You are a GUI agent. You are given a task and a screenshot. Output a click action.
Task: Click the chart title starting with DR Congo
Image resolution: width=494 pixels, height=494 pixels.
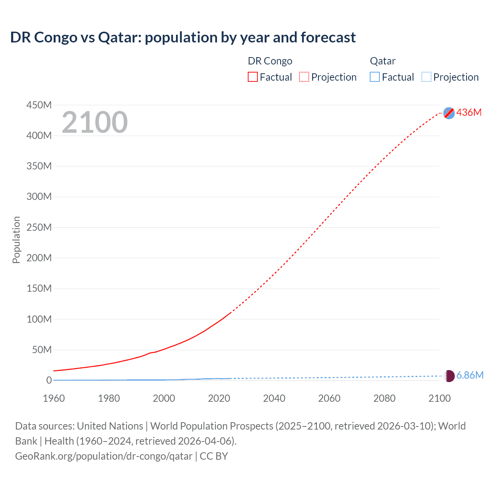(183, 37)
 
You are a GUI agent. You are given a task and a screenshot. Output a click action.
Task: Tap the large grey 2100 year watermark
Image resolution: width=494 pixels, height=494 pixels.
(95, 122)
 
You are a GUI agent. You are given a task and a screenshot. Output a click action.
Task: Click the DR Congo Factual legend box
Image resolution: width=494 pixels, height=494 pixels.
(253, 77)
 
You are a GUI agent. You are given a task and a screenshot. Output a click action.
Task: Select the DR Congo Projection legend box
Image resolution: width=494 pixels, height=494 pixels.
(304, 77)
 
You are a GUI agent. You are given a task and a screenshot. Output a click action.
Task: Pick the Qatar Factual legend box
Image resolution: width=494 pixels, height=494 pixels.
(375, 77)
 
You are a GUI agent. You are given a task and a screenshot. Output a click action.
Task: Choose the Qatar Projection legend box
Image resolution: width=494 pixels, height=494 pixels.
(426, 77)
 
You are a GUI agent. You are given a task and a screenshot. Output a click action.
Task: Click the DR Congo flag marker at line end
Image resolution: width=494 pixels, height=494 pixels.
(449, 113)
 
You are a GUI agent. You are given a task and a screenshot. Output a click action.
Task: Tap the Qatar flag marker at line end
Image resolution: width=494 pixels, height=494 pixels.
(449, 376)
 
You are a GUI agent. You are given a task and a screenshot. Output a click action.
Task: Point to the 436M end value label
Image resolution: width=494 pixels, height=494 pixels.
(469, 112)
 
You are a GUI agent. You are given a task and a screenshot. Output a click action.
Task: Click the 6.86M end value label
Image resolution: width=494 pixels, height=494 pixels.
(470, 375)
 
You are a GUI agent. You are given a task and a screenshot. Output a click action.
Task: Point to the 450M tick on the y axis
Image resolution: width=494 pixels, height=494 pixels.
(39, 105)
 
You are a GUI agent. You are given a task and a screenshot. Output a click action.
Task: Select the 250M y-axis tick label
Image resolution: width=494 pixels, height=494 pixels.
(39, 227)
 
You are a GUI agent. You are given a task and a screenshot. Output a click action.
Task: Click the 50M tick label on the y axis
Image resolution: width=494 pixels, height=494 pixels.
(42, 350)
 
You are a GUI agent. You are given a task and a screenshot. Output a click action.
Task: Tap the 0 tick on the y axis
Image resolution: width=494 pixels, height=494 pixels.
(49, 380)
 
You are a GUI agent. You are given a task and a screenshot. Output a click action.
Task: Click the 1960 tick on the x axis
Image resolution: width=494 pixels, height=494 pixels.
(54, 398)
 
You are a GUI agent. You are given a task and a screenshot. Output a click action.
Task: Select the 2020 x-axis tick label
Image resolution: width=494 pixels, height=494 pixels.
(219, 398)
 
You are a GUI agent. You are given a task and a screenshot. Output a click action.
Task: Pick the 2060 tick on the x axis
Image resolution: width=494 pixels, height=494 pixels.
(329, 398)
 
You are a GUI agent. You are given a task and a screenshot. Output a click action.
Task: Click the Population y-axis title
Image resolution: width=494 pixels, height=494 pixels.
(16, 240)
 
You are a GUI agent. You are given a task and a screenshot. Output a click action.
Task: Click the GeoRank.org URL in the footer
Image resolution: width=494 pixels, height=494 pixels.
(103, 456)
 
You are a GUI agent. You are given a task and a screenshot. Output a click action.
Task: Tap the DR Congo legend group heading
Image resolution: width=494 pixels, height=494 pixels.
(270, 61)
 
